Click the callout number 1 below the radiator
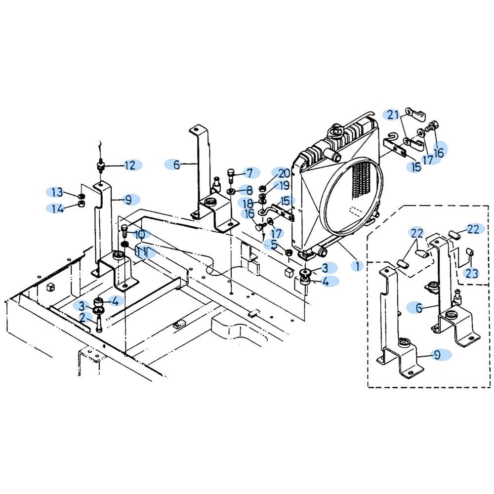tap(357, 266)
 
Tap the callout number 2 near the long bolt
tap(82, 318)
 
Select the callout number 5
tap(274, 245)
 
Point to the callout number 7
tap(249, 172)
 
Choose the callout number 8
tap(249, 190)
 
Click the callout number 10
tap(140, 234)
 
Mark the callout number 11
tap(142, 252)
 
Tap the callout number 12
tap(130, 165)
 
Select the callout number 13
tap(57, 192)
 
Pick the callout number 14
tap(57, 208)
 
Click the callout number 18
tap(248, 203)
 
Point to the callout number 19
tap(284, 186)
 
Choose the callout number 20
tap(284, 173)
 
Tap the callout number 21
tap(393, 115)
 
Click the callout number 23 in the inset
tap(472, 273)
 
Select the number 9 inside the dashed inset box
tap(437, 355)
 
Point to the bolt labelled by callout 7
tap(231, 175)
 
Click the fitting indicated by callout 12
tap(100, 165)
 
